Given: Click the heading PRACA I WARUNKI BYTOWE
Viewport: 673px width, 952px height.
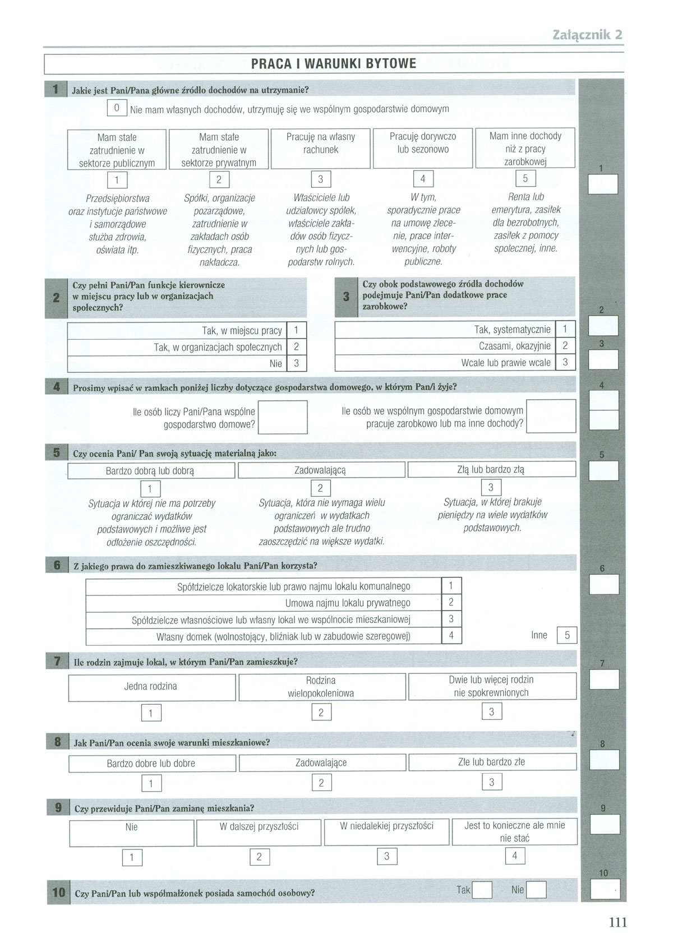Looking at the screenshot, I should pos(334,63).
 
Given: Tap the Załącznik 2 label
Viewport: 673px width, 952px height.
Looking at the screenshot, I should pos(587,35).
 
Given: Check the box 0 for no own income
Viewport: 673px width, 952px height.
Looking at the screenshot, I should pos(117,108).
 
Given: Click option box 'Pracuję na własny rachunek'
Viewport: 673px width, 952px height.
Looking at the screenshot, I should pos(320,149).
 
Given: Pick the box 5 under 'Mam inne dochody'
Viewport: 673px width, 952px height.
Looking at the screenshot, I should pos(526,179).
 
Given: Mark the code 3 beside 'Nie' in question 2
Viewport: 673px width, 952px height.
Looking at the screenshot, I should pos(297,363).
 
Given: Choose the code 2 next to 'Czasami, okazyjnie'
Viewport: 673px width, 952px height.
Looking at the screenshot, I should pos(565,346).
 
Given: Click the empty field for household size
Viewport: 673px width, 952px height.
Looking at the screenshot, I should pos(283,418).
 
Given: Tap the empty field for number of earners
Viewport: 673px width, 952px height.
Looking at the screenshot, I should pos(551,415).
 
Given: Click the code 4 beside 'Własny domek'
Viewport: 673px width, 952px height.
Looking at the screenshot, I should pos(451,636).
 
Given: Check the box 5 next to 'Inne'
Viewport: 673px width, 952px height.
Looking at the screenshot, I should pos(567,635).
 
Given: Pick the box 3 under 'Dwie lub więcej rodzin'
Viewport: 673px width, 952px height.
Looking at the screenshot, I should pos(492,711).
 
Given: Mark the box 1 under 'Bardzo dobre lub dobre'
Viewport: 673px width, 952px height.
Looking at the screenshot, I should pos(151,783).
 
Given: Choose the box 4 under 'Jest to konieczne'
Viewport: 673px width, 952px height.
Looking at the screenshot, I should pos(515,856).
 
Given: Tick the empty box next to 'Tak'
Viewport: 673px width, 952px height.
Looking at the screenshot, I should pos(482,890).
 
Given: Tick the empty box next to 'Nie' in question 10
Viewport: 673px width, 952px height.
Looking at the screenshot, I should pos(537,890).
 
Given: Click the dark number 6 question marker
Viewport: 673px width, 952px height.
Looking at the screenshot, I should pos(57,565).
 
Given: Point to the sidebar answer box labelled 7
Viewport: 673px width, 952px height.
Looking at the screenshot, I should pos(605,679).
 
